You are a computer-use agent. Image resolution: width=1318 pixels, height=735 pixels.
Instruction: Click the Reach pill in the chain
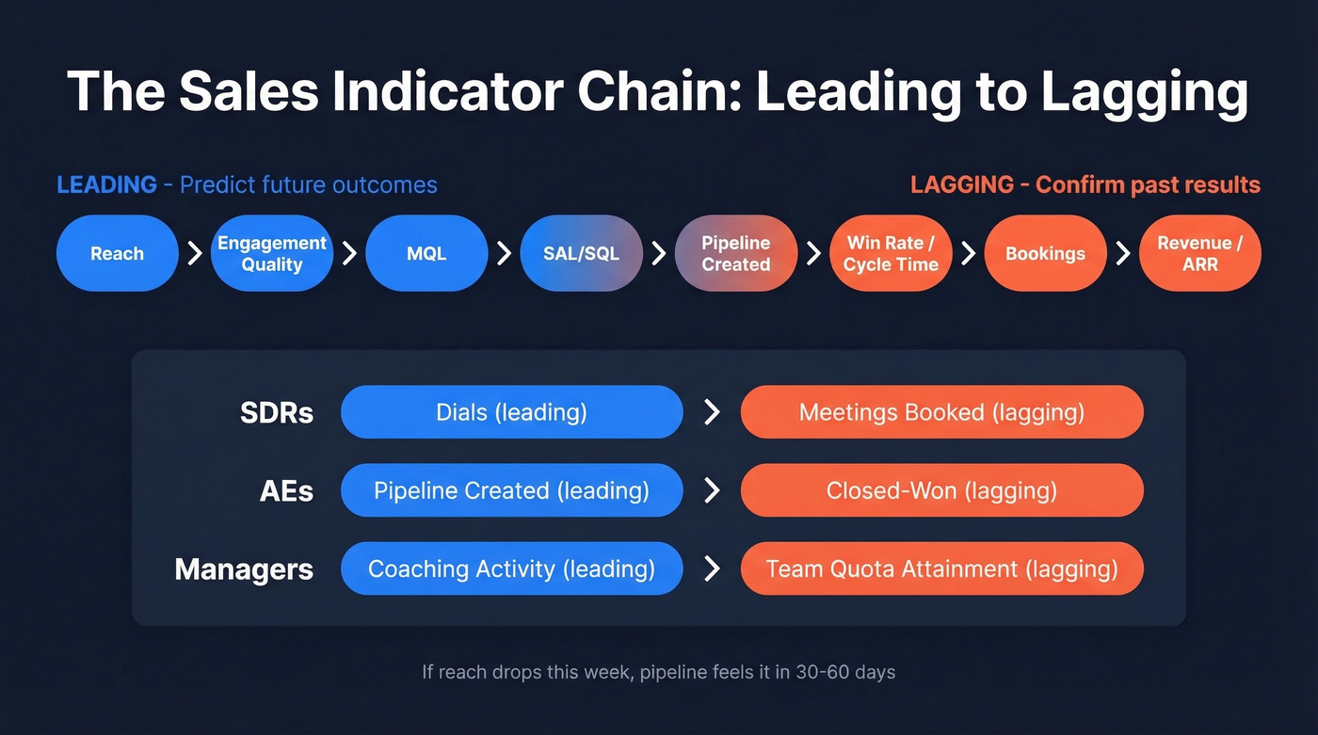[118, 253]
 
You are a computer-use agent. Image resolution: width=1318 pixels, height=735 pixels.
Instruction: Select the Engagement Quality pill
[272, 253]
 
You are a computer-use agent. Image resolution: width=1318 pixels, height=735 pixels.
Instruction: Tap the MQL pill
[426, 253]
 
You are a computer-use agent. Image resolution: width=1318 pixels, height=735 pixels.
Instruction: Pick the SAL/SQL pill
[581, 253]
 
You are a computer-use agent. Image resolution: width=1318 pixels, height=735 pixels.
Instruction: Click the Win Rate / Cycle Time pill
[891, 253]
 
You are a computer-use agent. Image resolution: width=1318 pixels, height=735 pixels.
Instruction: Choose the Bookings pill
[1045, 253]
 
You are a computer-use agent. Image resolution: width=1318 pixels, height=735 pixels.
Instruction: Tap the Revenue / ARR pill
[1199, 253]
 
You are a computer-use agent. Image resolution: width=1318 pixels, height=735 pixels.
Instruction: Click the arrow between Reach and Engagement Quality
[195, 253]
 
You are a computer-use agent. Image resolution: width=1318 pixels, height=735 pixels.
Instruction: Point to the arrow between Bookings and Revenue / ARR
[1122, 253]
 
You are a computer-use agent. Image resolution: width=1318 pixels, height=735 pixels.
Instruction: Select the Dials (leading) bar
[511, 412]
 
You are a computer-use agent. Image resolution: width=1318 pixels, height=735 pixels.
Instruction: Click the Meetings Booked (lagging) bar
[941, 412]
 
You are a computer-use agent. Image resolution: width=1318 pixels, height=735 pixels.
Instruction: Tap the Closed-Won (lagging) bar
[941, 490]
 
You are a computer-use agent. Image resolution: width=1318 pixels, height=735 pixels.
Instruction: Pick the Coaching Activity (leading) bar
[511, 568]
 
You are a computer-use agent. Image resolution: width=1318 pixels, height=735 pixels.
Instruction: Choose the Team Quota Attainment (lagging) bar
[941, 568]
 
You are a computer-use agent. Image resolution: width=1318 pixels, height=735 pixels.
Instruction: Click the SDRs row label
[277, 412]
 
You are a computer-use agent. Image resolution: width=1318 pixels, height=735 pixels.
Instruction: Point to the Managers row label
[244, 568]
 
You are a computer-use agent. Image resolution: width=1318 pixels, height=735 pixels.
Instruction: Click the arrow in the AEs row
[713, 490]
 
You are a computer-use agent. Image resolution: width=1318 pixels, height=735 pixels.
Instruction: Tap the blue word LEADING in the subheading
[106, 184]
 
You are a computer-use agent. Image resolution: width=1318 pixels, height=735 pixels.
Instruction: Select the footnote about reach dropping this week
[658, 672]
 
